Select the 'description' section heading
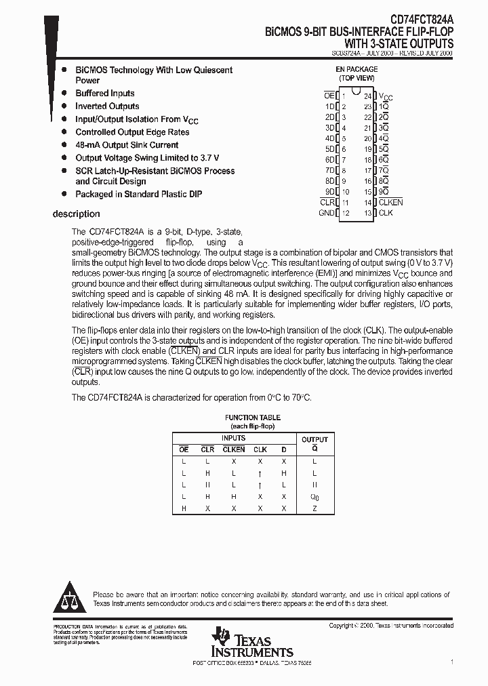76,214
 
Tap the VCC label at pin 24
385,96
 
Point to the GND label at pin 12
326,213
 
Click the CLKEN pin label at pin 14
390,202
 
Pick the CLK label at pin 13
386,213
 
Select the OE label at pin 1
329,96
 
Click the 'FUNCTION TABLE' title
252,418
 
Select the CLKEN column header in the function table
233,449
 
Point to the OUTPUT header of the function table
314,439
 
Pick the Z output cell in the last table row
314,508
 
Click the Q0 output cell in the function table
314,497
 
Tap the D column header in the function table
284,449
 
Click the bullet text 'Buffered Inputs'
105,94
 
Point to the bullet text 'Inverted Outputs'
107,106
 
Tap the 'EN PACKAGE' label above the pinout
357,69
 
